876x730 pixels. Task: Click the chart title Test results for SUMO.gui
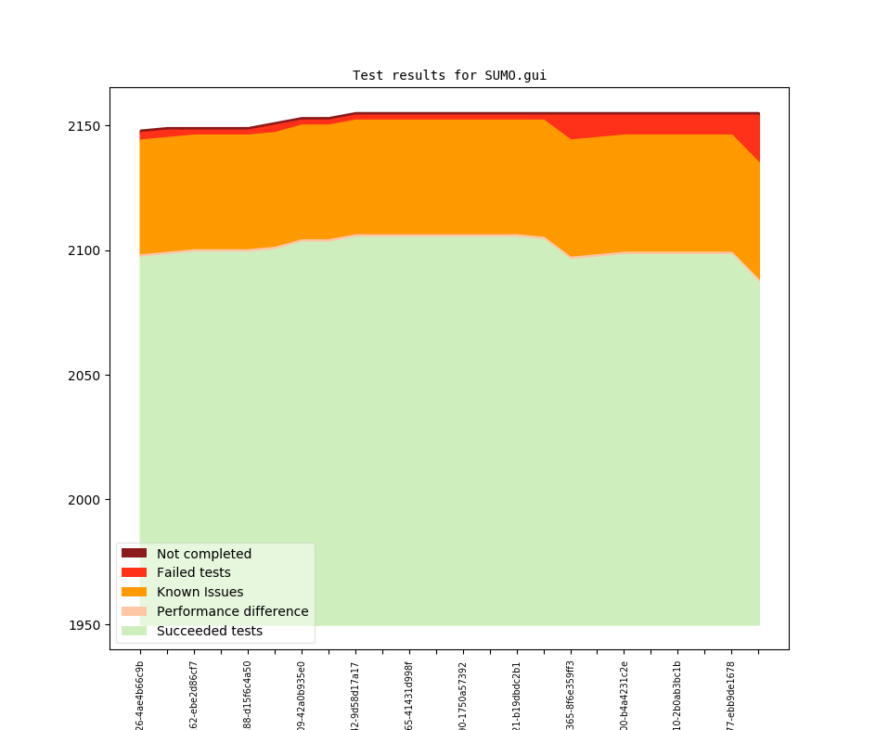(x=449, y=75)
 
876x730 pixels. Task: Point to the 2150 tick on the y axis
(x=84, y=126)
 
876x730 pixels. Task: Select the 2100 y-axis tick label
(x=84, y=250)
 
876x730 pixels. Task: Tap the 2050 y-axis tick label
(x=84, y=376)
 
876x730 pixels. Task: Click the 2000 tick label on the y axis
(x=84, y=500)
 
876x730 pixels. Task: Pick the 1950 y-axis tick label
(x=84, y=625)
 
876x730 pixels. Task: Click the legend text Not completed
(x=203, y=554)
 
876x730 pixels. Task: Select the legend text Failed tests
(x=193, y=573)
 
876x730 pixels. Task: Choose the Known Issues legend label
(x=200, y=593)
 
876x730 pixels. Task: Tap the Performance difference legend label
(x=232, y=612)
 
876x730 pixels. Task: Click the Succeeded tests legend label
(x=209, y=632)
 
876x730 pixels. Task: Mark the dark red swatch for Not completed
(x=134, y=554)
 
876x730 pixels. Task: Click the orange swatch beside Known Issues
(x=134, y=593)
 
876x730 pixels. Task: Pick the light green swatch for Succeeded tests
(x=134, y=632)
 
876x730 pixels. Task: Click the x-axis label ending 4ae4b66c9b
(x=140, y=696)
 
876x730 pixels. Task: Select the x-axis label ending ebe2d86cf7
(x=194, y=696)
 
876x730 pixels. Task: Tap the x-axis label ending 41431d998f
(x=409, y=696)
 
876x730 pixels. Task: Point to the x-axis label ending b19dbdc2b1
(x=517, y=696)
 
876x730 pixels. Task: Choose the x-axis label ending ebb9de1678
(x=731, y=696)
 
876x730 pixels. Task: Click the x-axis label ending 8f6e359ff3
(x=571, y=696)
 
